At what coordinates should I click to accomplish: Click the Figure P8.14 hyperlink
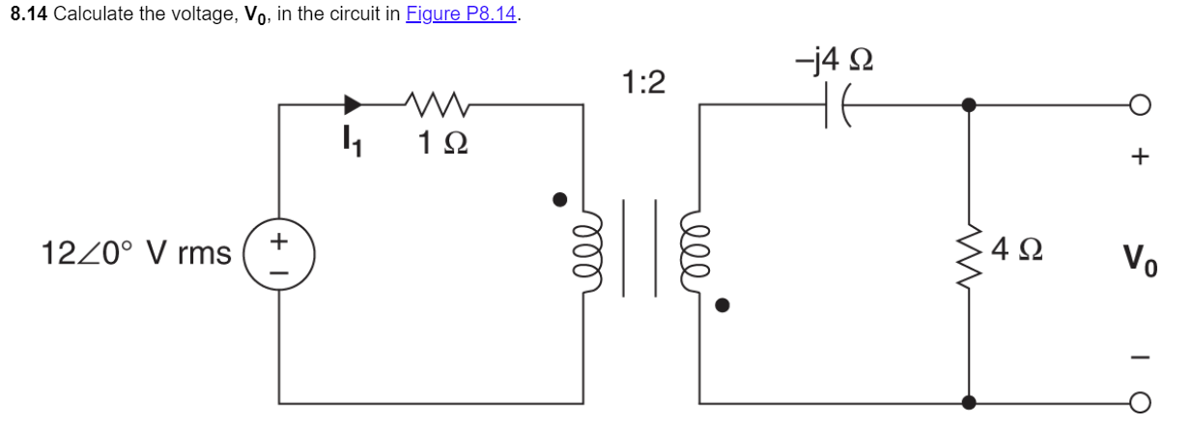coord(460,16)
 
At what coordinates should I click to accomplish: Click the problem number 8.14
coord(29,16)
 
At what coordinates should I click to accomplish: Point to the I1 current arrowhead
coord(354,103)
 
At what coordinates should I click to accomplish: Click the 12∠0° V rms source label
coord(135,254)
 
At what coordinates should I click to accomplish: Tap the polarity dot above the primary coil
coord(557,200)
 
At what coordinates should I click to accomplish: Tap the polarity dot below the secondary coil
coord(721,306)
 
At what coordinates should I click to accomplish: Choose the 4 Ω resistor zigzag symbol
coord(970,254)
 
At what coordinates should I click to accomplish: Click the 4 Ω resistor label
coord(1014,254)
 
